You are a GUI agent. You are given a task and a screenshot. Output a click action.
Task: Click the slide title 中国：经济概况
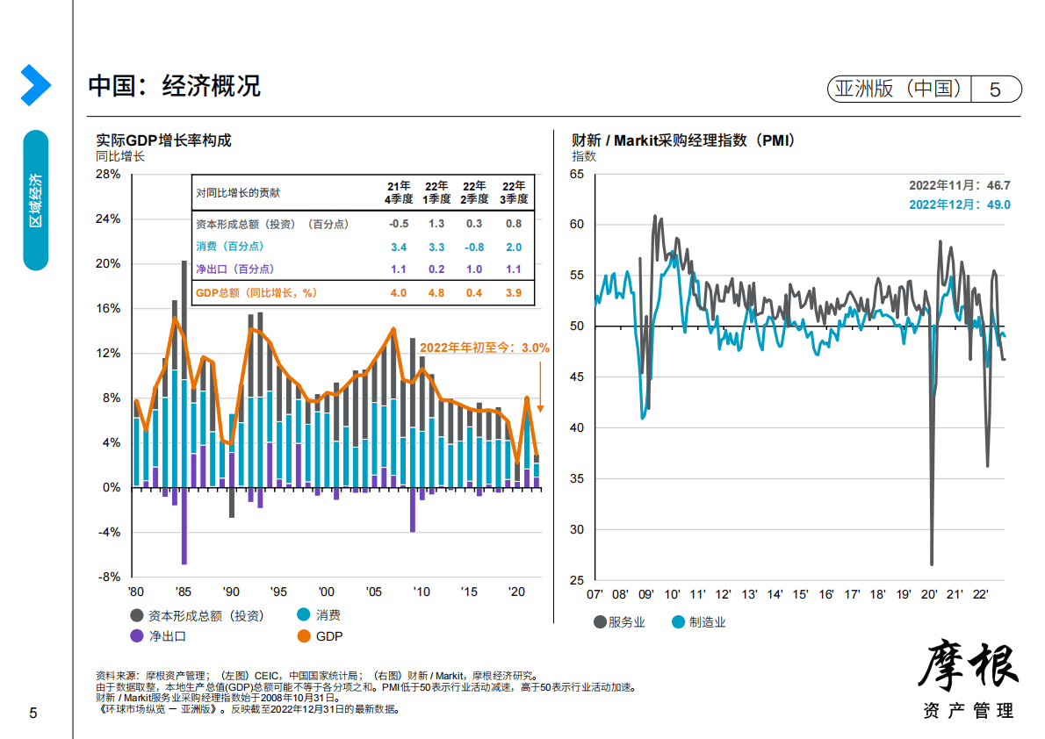tap(175, 86)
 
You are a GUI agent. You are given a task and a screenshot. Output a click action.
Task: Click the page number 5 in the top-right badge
tap(995, 89)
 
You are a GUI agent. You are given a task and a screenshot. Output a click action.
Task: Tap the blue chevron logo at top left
tap(35, 84)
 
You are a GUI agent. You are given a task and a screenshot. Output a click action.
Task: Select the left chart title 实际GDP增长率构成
tap(163, 140)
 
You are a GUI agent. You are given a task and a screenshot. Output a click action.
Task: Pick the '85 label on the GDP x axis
tap(183, 592)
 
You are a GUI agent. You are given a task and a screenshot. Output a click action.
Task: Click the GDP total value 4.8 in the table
tap(436, 293)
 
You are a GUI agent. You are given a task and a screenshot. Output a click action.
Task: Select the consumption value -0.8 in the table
tap(474, 248)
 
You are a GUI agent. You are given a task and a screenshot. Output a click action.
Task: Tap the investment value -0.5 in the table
tap(398, 224)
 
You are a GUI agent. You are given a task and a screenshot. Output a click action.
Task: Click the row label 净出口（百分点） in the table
tap(234, 269)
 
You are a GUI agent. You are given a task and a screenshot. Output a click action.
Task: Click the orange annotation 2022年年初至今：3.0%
tap(484, 348)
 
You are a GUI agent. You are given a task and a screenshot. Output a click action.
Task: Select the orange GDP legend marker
tap(304, 636)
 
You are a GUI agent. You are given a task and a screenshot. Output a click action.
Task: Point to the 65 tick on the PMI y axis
tap(576, 174)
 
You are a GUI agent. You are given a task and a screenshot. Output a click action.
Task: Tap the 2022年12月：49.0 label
tap(959, 204)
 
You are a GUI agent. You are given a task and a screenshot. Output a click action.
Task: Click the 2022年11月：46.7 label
tap(959, 185)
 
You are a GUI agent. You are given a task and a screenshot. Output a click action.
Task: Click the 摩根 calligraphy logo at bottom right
tap(969, 666)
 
